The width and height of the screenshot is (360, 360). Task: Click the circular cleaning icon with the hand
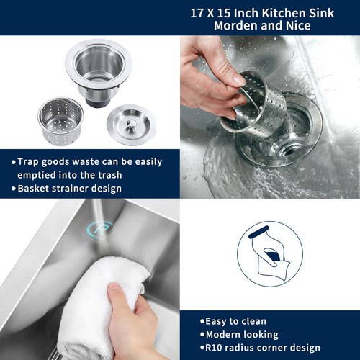tap(268, 251)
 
